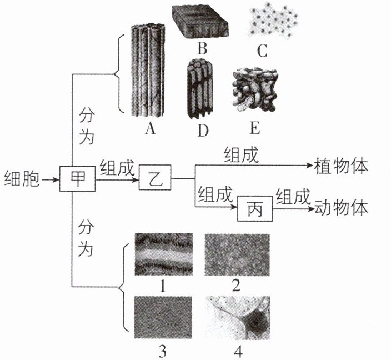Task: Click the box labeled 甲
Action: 77,178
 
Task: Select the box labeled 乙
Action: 155,177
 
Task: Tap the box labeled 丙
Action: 254,209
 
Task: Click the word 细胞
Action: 22,179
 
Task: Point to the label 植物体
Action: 341,167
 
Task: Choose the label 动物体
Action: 341,208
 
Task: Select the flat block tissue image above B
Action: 200,21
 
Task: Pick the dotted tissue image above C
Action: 274,21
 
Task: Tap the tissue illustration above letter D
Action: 200,89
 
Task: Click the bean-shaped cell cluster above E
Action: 254,89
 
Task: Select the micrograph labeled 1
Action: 164,254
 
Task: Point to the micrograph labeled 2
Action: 237,254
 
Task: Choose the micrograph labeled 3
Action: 163,317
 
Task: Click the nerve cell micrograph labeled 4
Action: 238,318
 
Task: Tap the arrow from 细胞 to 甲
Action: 51,179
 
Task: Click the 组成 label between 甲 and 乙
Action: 117,168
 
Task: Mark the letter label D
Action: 203,130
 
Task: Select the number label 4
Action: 238,352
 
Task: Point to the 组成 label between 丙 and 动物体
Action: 293,197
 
